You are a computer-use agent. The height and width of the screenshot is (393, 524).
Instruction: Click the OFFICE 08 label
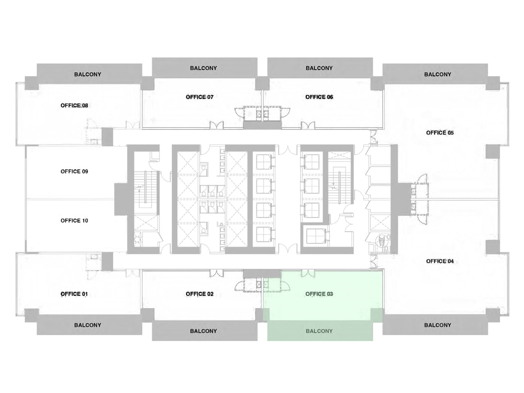(x=74, y=106)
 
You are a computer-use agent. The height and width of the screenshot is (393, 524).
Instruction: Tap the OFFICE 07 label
(x=200, y=97)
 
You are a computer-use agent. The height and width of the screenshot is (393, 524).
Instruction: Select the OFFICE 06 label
(x=319, y=97)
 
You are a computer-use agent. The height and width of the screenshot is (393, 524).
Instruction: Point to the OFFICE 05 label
(x=440, y=133)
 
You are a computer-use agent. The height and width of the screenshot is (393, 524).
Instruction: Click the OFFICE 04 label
(x=440, y=261)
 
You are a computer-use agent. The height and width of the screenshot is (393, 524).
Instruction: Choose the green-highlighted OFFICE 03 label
(x=319, y=294)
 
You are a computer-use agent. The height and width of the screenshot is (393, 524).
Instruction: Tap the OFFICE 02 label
(x=200, y=294)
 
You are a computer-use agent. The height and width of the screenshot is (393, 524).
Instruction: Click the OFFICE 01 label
(x=74, y=294)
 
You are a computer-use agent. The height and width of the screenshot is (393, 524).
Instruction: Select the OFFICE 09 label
(x=74, y=172)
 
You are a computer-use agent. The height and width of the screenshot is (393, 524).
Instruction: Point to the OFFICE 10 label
(x=74, y=221)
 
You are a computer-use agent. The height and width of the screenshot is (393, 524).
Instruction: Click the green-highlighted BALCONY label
(x=319, y=331)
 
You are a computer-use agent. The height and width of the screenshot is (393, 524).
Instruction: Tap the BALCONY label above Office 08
(x=88, y=75)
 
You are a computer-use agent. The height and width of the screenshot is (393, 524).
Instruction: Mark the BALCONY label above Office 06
(x=319, y=68)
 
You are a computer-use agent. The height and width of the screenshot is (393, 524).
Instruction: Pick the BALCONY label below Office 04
(x=437, y=325)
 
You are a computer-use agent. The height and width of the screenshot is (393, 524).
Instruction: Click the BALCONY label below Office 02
(x=203, y=331)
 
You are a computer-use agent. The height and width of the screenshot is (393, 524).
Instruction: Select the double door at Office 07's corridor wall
(x=216, y=126)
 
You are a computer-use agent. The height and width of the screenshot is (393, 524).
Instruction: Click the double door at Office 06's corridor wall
(x=308, y=126)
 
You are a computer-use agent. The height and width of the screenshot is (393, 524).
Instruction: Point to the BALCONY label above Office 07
(x=203, y=68)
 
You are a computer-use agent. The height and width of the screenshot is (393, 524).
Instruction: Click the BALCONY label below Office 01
(x=88, y=325)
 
